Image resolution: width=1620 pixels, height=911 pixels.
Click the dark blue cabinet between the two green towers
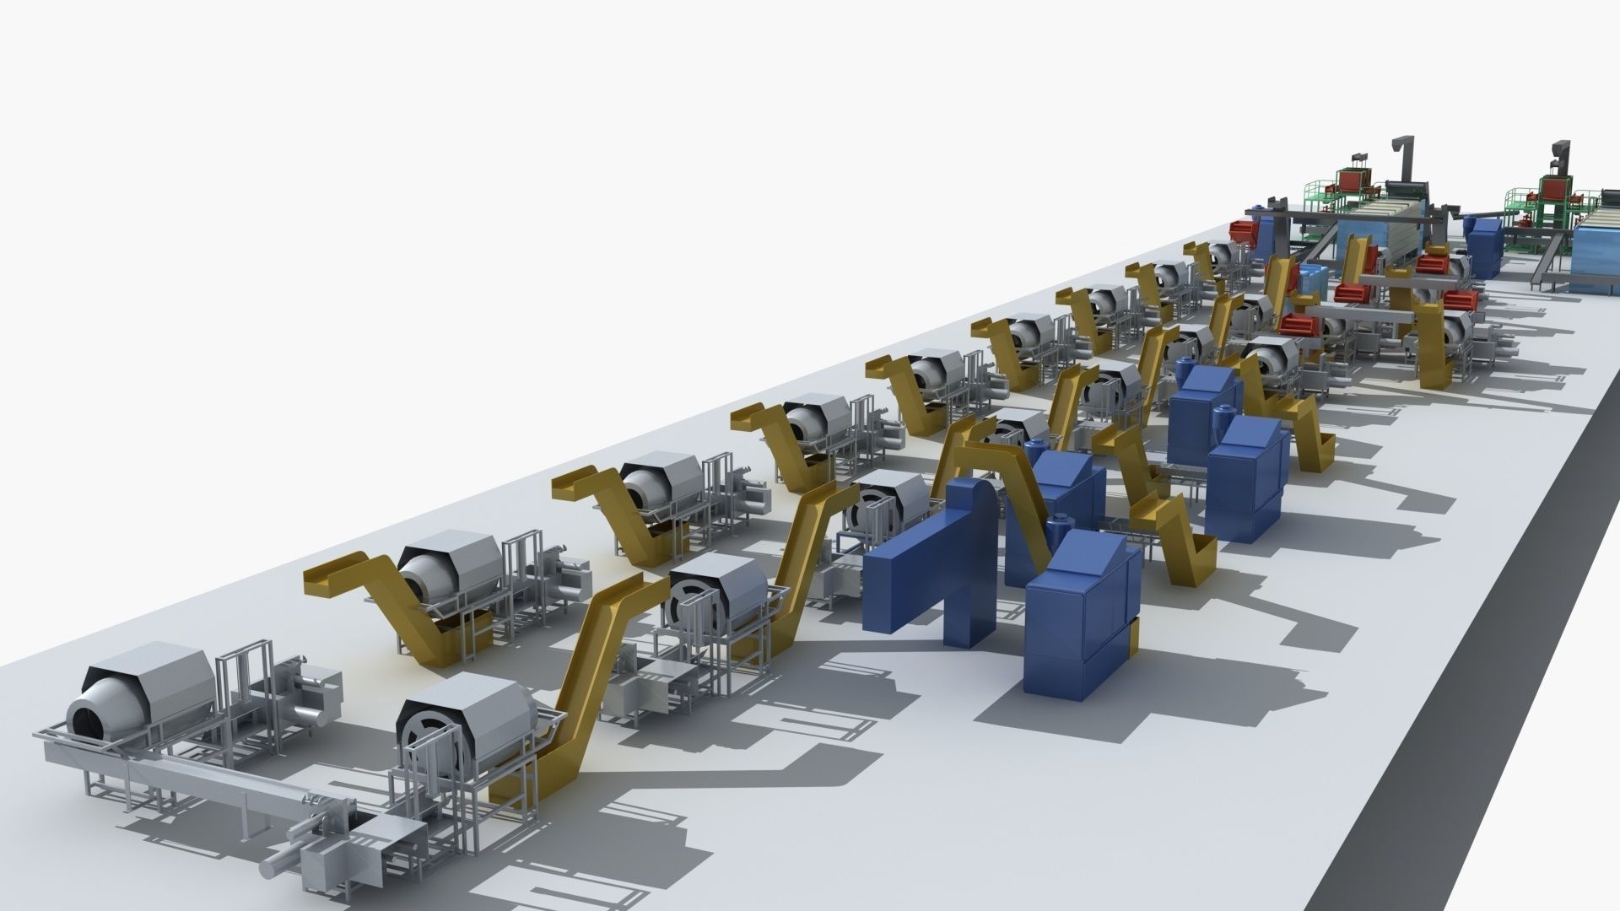click(x=1484, y=245)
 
